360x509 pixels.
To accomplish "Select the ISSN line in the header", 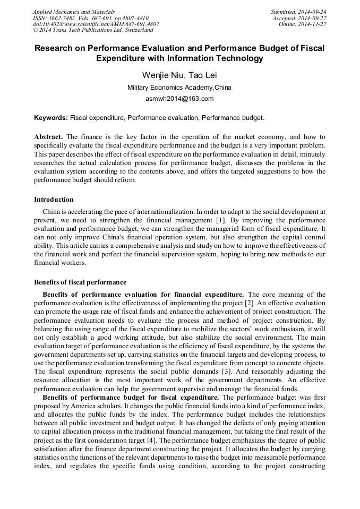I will [x=90, y=18].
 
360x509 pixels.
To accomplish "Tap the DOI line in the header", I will [x=96, y=24].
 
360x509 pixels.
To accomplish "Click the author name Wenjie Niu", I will [x=160, y=75].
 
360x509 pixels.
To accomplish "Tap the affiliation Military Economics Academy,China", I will [x=179, y=88].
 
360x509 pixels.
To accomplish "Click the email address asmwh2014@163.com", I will [x=179, y=99].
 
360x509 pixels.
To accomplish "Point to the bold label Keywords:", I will [x=51, y=118].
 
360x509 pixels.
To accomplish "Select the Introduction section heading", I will [x=54, y=200].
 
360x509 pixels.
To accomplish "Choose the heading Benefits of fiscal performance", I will [x=80, y=282].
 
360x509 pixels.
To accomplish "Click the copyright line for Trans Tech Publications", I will [x=93, y=30].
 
